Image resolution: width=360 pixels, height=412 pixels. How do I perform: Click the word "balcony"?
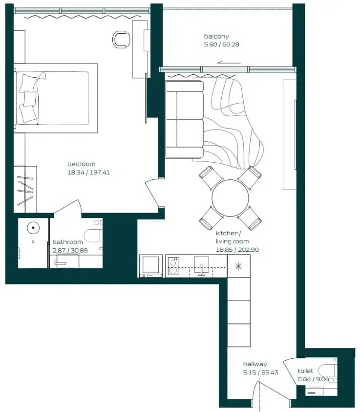point(216,36)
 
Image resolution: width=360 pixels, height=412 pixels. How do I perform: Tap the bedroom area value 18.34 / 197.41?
point(88,173)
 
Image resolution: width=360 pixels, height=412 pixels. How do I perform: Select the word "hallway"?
point(255,364)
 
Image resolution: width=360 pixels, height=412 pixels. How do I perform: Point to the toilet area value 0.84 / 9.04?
point(313,379)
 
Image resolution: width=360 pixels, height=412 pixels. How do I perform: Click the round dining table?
point(230,198)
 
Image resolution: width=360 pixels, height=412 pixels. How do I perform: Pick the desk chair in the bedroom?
point(122,40)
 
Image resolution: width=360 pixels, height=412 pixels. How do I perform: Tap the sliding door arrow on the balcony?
point(229,63)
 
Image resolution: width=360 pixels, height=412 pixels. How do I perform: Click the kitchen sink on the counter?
point(201,266)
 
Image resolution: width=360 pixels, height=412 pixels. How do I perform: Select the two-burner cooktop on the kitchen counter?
point(173,266)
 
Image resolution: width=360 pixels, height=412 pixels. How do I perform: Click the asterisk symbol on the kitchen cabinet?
point(238,266)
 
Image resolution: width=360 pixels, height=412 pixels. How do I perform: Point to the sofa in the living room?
point(184,120)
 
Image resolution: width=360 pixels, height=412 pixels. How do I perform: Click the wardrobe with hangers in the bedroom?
point(25,189)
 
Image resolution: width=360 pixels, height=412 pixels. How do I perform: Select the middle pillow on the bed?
point(29,99)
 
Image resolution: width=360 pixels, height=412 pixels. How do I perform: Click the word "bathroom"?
point(68,242)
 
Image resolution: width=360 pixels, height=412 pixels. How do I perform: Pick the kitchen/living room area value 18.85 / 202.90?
point(237,250)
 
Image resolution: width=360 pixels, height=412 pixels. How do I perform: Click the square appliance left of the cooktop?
point(151,266)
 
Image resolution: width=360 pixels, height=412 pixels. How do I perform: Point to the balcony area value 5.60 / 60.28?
point(222,44)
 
